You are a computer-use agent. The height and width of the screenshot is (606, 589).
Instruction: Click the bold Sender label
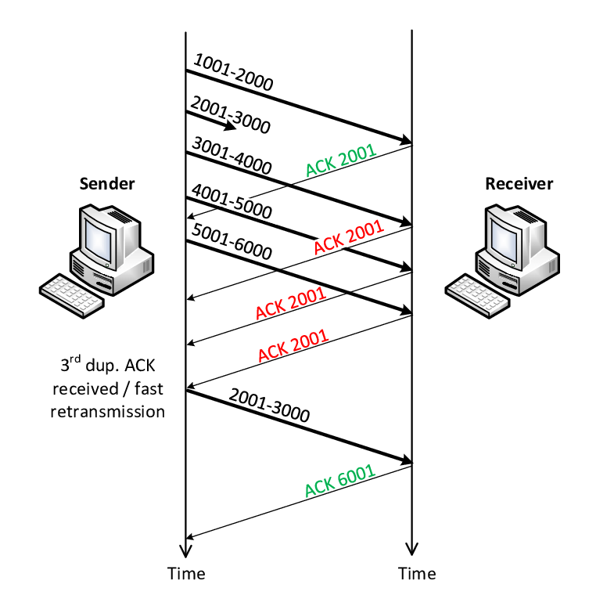coord(106,184)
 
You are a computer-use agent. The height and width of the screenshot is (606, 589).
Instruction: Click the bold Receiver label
coord(519,184)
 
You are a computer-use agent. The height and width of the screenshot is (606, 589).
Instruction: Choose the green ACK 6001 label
coord(339,482)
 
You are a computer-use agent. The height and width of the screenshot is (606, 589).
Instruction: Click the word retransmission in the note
coord(108,410)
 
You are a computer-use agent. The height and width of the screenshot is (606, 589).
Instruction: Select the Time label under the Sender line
coord(186,574)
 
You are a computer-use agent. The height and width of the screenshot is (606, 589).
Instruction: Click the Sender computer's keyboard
coord(73,287)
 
